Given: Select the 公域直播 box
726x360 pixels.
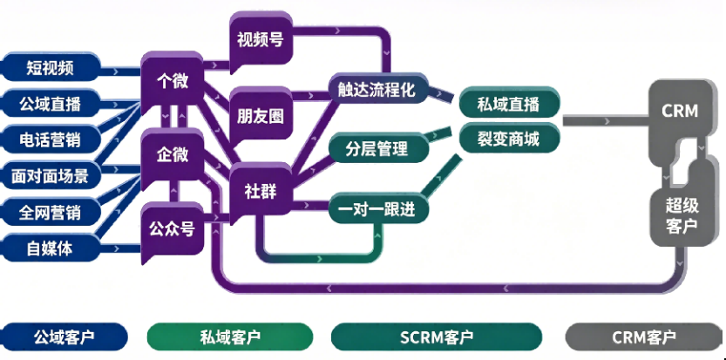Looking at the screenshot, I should [51, 103].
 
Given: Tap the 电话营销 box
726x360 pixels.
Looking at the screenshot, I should [51, 139].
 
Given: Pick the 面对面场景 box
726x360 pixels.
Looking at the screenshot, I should [51, 176].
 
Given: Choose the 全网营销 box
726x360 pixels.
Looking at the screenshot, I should [51, 212].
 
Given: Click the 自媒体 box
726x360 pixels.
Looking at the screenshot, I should [51, 248].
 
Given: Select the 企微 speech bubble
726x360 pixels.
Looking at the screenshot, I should [173, 154].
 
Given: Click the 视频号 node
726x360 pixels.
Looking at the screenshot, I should [259, 40].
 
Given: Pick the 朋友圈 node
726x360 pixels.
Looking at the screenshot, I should [259, 115].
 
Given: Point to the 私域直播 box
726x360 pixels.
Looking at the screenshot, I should [509, 105].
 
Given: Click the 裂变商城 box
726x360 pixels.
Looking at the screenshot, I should [509, 137].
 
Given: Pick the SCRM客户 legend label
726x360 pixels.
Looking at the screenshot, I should [436, 336].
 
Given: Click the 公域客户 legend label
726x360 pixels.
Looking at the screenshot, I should [63, 336].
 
